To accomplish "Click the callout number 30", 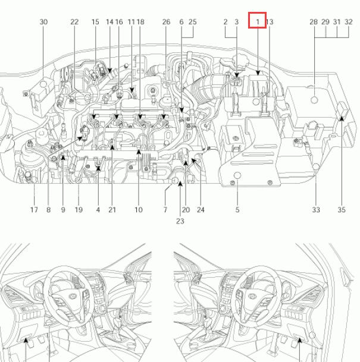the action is (x=43, y=22).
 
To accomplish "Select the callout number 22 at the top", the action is (x=74, y=22).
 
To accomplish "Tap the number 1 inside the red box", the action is (x=258, y=22).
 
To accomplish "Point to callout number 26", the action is (x=166, y=22).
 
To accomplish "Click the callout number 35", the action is (x=342, y=210).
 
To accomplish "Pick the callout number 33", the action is (x=316, y=210).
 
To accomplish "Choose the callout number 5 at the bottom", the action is (x=237, y=210).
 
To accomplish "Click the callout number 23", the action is (x=180, y=221).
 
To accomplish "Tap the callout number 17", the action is (x=34, y=210).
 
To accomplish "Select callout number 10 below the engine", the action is (x=139, y=210).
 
